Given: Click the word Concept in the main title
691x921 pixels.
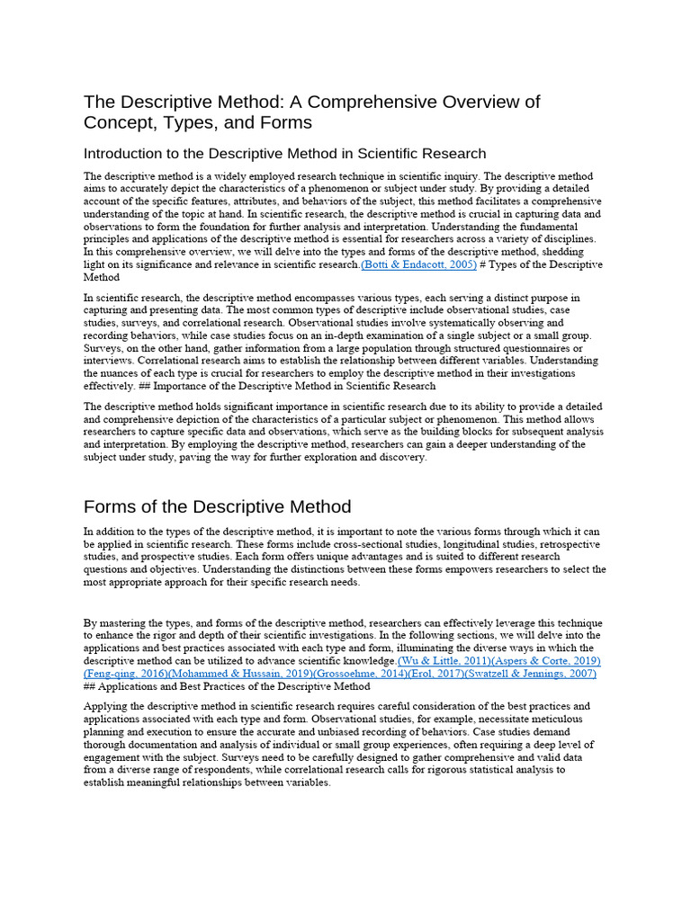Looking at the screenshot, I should pyautogui.click(x=120, y=122).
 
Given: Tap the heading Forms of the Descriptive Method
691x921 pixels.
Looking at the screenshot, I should pyautogui.click(x=217, y=506).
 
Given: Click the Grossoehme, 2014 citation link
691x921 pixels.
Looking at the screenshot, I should pyautogui.click(x=356, y=674).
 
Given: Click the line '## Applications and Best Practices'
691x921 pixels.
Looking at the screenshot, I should pyautogui.click(x=225, y=686).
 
